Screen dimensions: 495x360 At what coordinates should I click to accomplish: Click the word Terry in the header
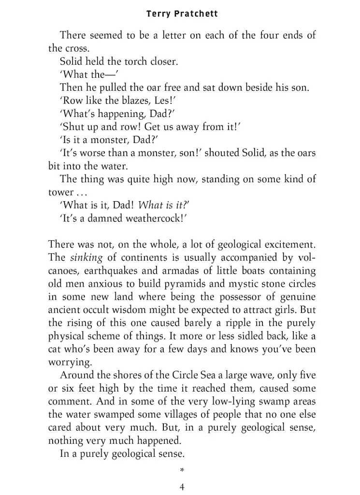[158, 14]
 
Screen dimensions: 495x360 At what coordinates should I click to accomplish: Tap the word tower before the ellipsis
[60, 192]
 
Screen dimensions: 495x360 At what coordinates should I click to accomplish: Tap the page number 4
[182, 486]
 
